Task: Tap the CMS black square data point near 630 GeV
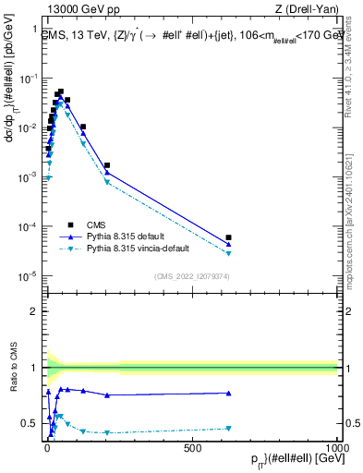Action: tap(228, 237)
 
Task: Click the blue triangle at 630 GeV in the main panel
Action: tap(228, 245)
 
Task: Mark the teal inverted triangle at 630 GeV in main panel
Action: tap(228, 253)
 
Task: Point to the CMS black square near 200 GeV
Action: tap(107, 165)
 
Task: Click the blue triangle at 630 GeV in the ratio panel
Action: tap(228, 393)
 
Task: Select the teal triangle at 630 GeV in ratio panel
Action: tap(228, 428)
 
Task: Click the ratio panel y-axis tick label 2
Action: tap(35, 310)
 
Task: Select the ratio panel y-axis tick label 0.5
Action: tap(30, 423)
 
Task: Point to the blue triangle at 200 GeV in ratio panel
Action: tap(107, 395)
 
